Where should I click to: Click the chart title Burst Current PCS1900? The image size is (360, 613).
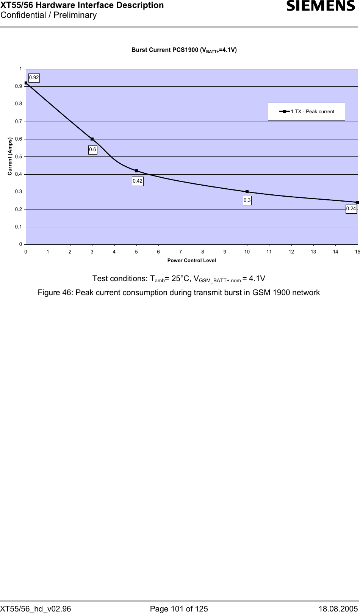[184, 50]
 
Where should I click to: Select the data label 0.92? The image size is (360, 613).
[34, 78]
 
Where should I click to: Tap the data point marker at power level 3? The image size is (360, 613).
[92, 139]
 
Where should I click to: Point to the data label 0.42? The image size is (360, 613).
[138, 181]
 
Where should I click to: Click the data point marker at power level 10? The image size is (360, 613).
[247, 192]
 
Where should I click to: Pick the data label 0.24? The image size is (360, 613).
[351, 209]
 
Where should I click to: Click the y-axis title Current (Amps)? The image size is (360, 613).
[10, 156]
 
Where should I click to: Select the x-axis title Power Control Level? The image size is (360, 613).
[192, 260]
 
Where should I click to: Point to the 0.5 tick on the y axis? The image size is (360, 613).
[19, 156]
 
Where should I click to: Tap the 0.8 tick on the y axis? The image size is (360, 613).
[19, 104]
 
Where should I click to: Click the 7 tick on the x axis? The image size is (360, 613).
[181, 251]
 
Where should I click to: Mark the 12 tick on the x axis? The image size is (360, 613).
[291, 251]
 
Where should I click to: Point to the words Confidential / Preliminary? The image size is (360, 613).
[49, 15]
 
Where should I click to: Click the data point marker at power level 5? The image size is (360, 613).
[136, 171]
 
